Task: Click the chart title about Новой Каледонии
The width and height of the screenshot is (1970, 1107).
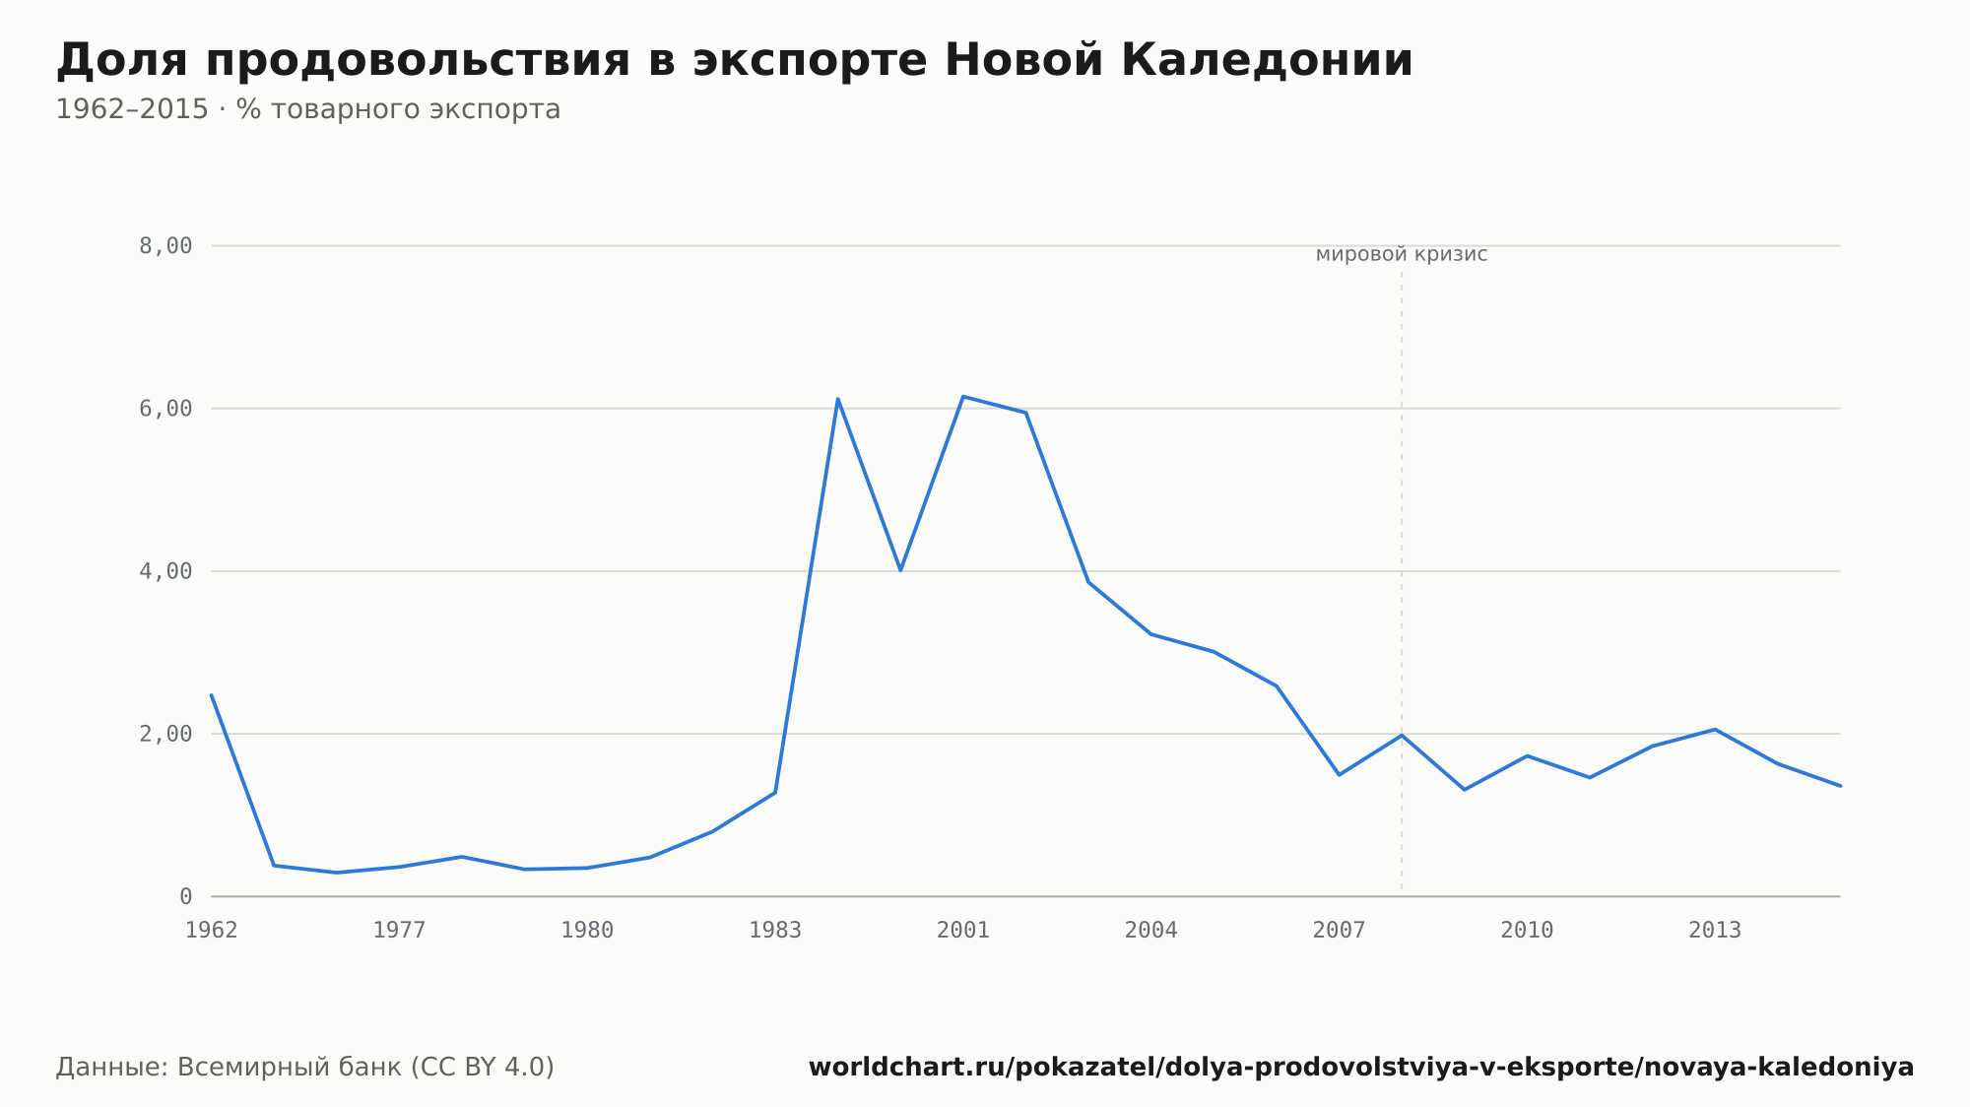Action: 734,61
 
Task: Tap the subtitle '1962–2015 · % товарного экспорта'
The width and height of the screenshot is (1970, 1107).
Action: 308,109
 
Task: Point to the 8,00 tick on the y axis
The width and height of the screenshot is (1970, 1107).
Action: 165,246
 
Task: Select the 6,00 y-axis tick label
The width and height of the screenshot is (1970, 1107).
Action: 165,409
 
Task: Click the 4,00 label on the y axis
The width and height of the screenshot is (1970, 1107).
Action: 165,571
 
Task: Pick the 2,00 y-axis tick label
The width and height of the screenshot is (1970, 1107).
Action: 165,734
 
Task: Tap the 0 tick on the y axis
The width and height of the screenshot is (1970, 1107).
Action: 185,896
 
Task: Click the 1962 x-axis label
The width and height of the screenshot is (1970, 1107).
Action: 212,931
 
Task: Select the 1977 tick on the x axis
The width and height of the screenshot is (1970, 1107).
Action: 399,931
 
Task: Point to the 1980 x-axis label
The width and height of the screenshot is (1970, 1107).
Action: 587,931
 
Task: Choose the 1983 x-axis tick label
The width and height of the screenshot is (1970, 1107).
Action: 775,931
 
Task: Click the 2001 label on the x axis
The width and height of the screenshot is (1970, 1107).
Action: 963,931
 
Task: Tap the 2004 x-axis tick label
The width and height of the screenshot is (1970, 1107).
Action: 1151,931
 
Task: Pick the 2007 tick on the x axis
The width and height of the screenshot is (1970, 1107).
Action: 1340,931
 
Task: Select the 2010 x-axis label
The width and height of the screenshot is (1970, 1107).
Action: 1527,931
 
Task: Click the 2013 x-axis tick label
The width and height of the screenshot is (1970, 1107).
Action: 1715,931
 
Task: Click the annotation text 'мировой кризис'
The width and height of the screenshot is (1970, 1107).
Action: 1402,255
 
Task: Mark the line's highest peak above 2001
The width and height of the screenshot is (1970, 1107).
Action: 962,396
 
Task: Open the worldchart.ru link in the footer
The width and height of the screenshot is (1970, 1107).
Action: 1361,1068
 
